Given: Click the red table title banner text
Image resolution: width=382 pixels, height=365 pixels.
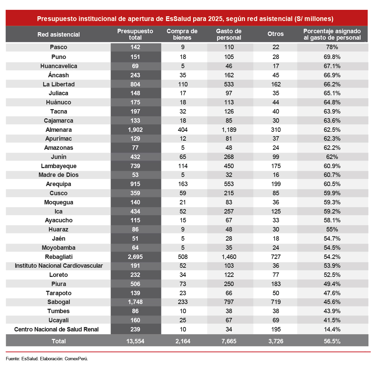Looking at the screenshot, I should tap(185, 19).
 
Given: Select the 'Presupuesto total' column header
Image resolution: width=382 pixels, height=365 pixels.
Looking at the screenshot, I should tap(135, 34).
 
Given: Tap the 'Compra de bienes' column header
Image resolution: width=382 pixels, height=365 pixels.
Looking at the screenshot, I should tap(182, 34).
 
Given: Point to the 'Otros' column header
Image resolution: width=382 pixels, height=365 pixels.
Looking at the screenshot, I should tap(275, 34).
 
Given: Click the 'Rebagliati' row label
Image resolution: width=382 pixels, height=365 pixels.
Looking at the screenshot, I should tap(59, 257).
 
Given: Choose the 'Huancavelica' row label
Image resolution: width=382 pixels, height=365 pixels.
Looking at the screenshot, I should tap(59, 66).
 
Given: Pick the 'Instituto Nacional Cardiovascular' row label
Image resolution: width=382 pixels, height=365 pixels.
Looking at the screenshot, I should tap(59, 266).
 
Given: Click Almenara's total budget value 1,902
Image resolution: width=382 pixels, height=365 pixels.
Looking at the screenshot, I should tap(135, 129).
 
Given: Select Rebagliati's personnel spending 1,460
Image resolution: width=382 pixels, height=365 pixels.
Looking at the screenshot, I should tap(229, 257).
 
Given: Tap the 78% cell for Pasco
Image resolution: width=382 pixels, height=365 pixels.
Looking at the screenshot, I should tap(332, 47).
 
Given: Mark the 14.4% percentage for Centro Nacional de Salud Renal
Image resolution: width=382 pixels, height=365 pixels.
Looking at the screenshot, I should tap(332, 329).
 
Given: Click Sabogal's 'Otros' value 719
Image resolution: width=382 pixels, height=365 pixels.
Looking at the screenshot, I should tap(276, 302).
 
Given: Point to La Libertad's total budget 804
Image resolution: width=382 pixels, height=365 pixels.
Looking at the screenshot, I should tap(135, 84).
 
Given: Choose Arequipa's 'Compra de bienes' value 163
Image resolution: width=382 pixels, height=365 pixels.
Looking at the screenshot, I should tap(183, 184).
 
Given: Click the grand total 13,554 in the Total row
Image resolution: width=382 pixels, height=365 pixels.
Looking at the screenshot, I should tap(135, 341).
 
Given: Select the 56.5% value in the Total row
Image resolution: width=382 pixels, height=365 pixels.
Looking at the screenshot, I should tap(332, 341).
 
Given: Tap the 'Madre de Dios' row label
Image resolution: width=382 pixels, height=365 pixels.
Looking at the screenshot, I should tap(59, 175).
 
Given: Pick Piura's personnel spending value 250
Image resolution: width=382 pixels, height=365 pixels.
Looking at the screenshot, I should tap(229, 284).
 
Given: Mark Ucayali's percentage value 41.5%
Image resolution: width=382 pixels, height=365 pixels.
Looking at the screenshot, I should tap(332, 320).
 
